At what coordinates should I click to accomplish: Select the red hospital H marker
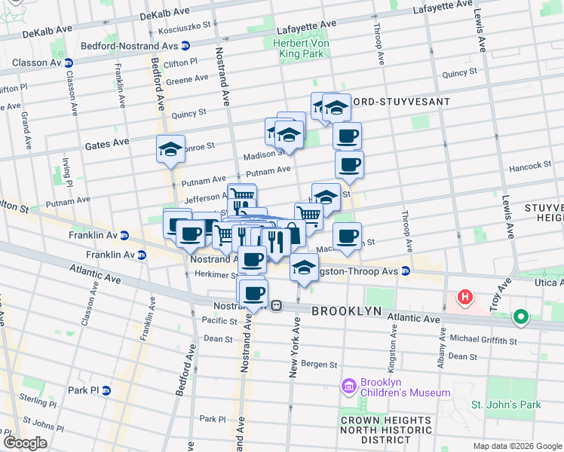pos(465,298)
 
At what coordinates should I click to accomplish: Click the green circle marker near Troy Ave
pos(520,318)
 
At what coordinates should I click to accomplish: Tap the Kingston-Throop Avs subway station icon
pos(406,270)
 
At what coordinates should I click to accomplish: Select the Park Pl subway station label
pos(84,390)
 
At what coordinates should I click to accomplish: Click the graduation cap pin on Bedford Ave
pos(171,148)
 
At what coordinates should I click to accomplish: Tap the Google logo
pos(25,443)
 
